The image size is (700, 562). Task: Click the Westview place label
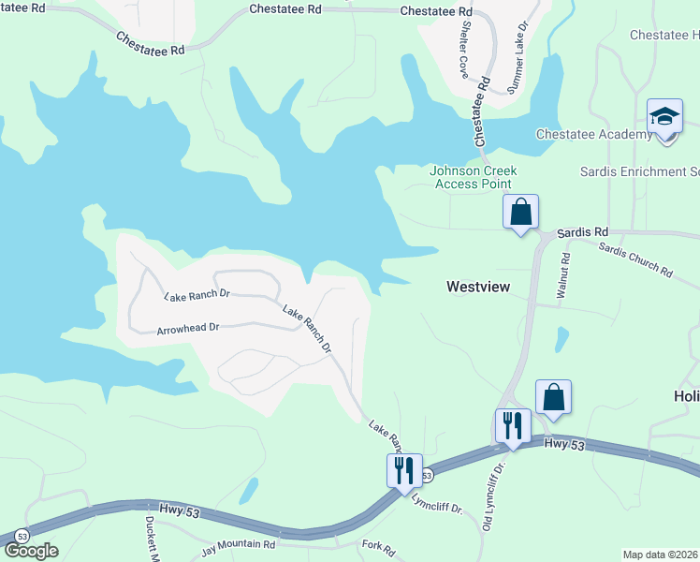(x=478, y=287)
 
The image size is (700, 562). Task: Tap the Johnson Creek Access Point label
(x=473, y=177)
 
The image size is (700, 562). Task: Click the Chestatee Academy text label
(x=593, y=135)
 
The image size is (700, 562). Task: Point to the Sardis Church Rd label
(x=635, y=260)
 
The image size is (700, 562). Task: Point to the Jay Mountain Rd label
(x=239, y=543)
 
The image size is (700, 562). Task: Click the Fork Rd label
(x=378, y=544)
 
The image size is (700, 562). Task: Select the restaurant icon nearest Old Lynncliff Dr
(x=512, y=425)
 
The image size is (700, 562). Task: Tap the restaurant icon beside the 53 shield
(x=403, y=468)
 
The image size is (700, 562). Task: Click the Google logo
(x=31, y=551)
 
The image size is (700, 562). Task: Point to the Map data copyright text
(x=660, y=555)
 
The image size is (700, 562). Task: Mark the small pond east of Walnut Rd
(x=561, y=338)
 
